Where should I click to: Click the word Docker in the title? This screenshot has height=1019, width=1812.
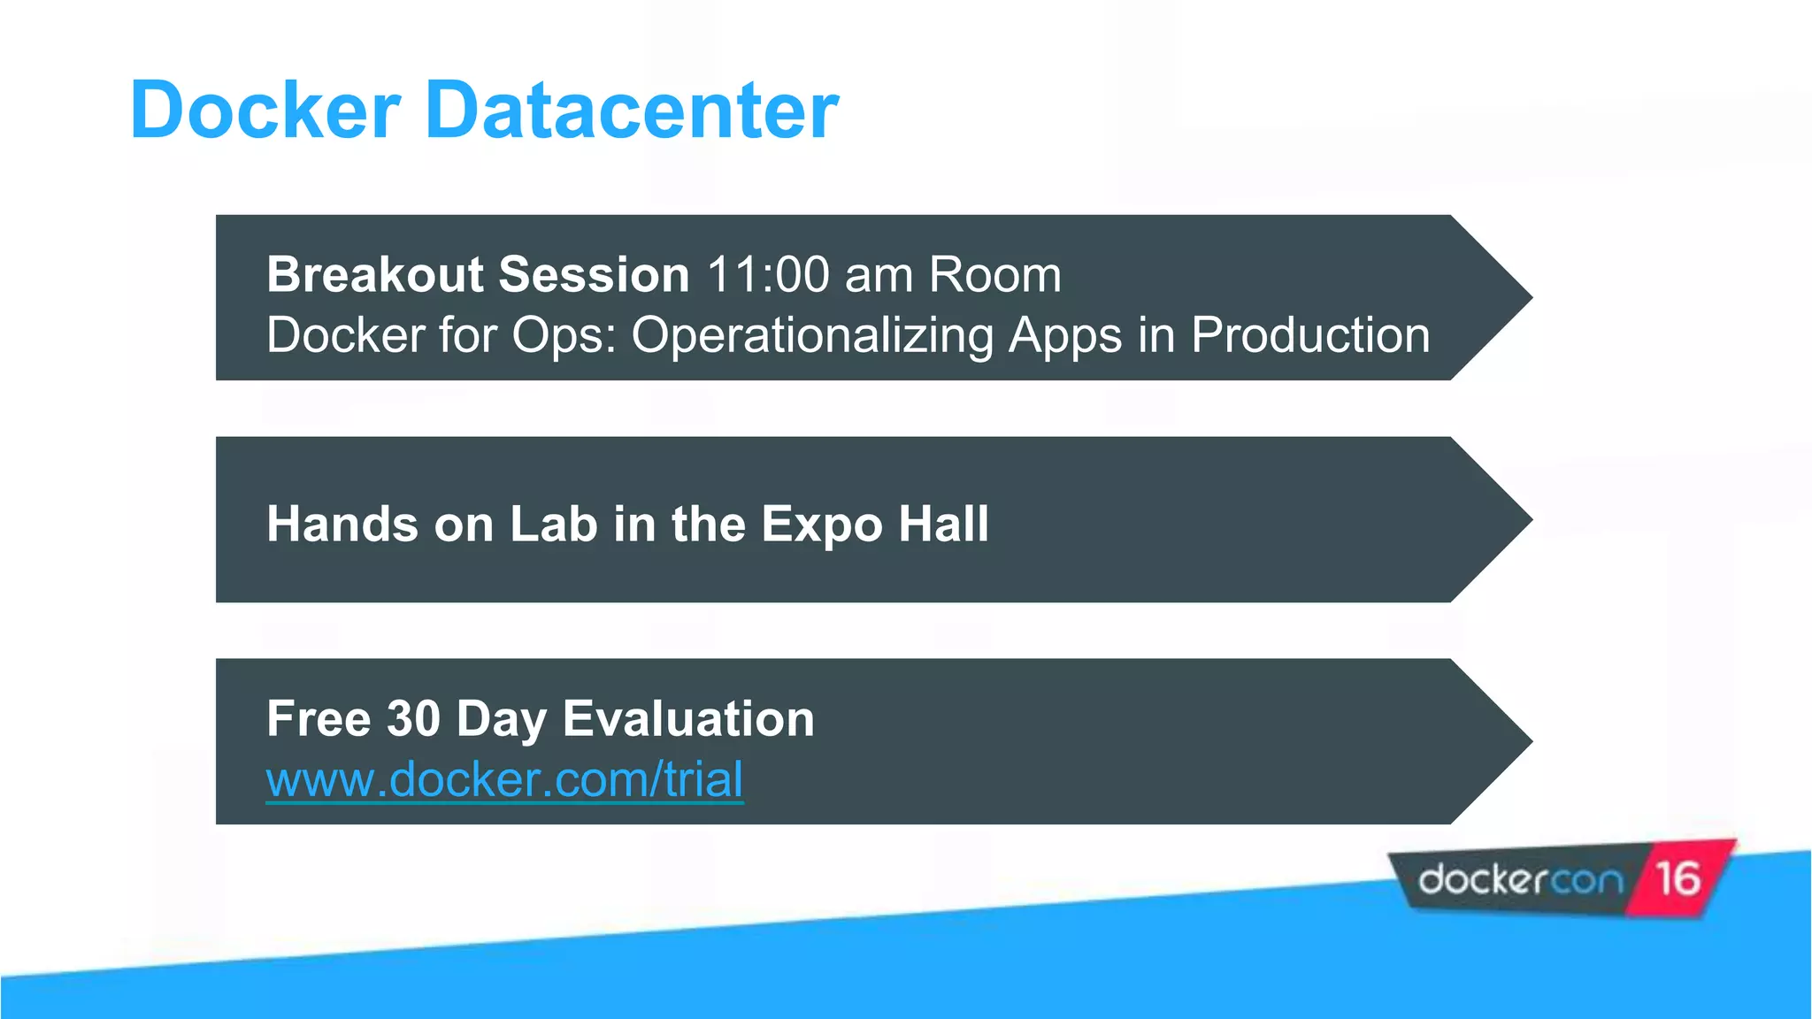coord(265,111)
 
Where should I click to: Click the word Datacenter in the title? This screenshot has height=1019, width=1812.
coord(632,111)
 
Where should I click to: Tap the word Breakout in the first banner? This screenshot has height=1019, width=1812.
coord(372,274)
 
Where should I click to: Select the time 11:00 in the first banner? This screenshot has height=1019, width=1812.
coord(768,274)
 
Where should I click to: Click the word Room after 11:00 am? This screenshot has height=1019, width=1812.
coord(994,274)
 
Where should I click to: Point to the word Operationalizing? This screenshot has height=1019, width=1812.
coord(812,336)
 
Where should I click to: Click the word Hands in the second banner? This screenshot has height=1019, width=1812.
coord(342,524)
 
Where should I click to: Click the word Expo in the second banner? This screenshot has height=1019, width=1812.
coord(821,524)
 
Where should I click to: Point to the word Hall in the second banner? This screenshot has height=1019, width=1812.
coord(943,524)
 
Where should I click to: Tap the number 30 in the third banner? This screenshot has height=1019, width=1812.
coord(413,718)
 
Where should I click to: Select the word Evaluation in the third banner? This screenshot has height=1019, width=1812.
coord(688,718)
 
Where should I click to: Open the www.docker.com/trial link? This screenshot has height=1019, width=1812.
coord(504,780)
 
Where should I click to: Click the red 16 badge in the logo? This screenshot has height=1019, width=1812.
coord(1678,879)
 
